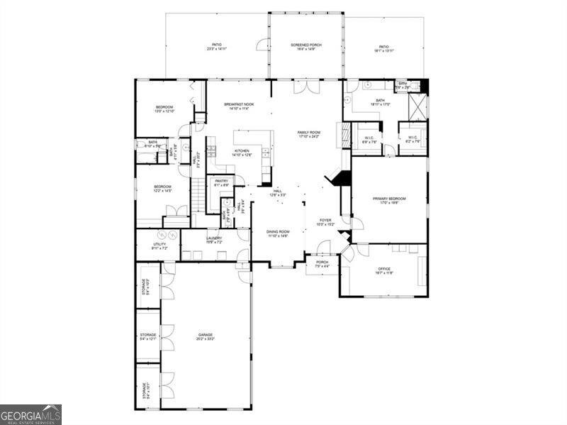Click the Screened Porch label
(x=306, y=47)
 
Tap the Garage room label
(x=206, y=337)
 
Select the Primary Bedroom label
(x=390, y=200)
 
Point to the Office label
(x=384, y=270)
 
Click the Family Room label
(x=309, y=133)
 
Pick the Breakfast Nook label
(x=240, y=106)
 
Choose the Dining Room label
(x=278, y=233)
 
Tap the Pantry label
(x=221, y=182)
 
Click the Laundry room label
(x=214, y=240)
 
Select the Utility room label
(x=159, y=246)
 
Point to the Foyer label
(x=325, y=223)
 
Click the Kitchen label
(x=242, y=153)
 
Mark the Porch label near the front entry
(x=322, y=264)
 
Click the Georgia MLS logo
(x=30, y=414)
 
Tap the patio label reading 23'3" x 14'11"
(x=216, y=47)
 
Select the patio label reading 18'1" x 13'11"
(x=383, y=49)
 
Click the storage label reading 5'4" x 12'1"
(x=147, y=336)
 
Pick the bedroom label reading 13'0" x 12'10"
(x=164, y=109)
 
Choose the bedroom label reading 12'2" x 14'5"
(x=163, y=189)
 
